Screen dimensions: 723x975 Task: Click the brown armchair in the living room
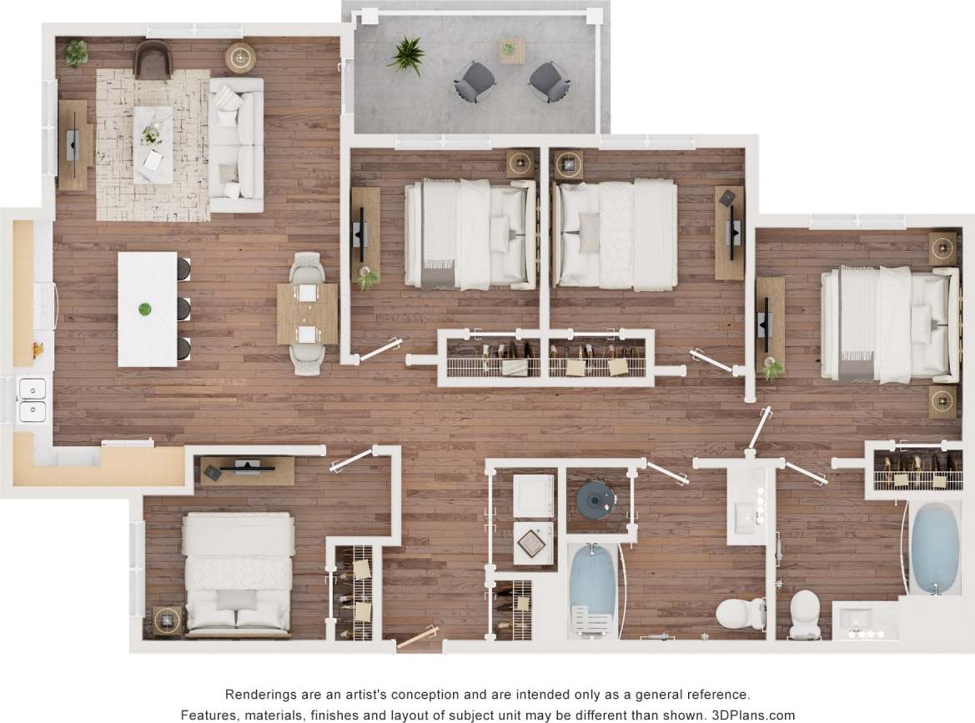click(x=153, y=59)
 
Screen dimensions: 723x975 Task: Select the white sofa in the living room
click(x=236, y=143)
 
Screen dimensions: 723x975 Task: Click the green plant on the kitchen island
click(x=146, y=309)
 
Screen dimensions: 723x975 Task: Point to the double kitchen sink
click(x=32, y=400)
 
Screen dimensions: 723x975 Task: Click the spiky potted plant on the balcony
click(x=406, y=55)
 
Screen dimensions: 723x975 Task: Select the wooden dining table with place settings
click(x=306, y=314)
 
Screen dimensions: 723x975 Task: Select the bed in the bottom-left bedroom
click(x=238, y=572)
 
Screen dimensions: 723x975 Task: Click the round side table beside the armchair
click(x=240, y=57)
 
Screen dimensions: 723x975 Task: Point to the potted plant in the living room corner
click(x=76, y=53)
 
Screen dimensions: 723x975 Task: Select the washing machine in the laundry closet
click(x=534, y=495)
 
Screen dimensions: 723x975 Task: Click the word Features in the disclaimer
click(x=213, y=715)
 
